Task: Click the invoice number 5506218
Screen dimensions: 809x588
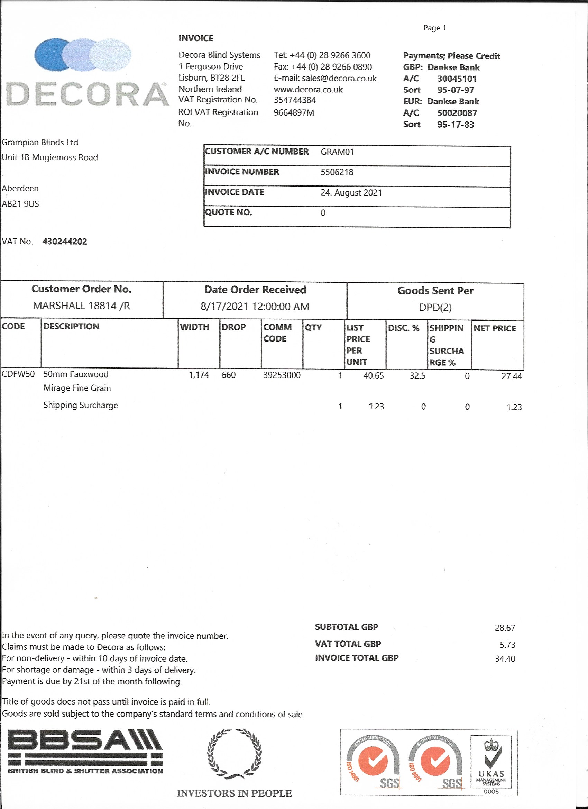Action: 337,172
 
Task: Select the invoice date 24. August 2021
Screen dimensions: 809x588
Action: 351,193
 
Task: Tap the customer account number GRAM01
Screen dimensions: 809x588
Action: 337,152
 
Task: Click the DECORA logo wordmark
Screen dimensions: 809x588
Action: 87,94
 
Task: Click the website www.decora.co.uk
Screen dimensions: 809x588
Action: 308,90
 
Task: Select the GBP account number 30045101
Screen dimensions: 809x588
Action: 457,79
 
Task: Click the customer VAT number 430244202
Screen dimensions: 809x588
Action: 65,242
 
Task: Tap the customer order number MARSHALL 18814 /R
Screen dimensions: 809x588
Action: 81,306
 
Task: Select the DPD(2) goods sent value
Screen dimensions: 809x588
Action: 435,307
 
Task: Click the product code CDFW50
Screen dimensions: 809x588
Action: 18,374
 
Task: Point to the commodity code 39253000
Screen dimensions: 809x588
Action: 282,375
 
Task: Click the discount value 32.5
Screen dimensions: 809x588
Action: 417,376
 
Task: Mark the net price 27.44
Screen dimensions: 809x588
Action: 511,376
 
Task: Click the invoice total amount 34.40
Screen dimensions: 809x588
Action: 505,659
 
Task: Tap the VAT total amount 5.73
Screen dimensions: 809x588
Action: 507,645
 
